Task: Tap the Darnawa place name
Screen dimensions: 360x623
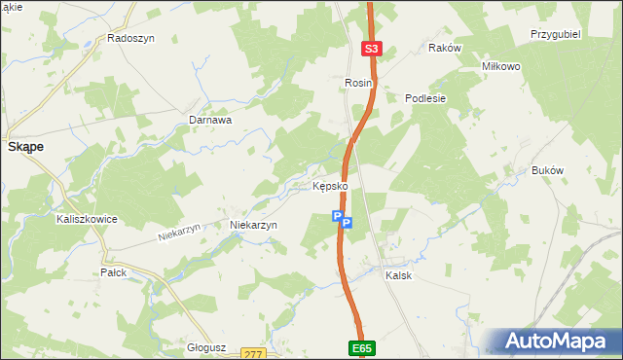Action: pos(209,121)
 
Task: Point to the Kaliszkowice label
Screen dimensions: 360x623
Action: pos(87,220)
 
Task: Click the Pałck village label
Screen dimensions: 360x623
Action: pos(114,272)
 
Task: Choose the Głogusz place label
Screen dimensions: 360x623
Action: pos(206,346)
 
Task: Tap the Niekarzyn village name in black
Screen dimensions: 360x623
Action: pos(253,225)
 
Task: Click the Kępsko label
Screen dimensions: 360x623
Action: pos(330,186)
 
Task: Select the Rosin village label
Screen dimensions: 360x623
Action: pos(358,85)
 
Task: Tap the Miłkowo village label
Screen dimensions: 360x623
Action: pos(502,66)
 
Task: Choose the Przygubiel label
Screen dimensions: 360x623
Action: pos(556,33)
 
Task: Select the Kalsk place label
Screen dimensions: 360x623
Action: pos(398,275)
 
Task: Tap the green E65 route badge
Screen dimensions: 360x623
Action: pos(361,347)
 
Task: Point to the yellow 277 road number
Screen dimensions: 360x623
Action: pos(255,354)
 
